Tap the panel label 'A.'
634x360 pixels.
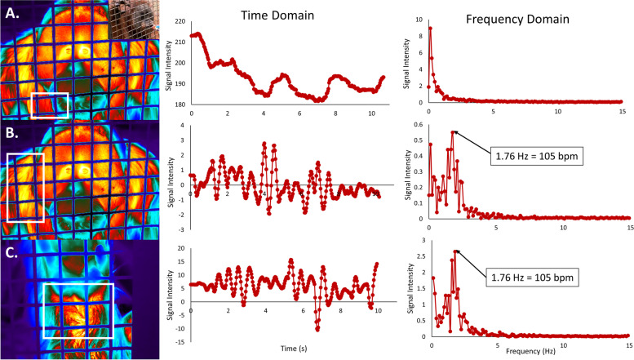pos(12,12)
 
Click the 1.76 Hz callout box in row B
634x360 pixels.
pos(535,154)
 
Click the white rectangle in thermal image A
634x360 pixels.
pos(49,105)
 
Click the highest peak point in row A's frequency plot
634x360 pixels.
pos(430,29)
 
